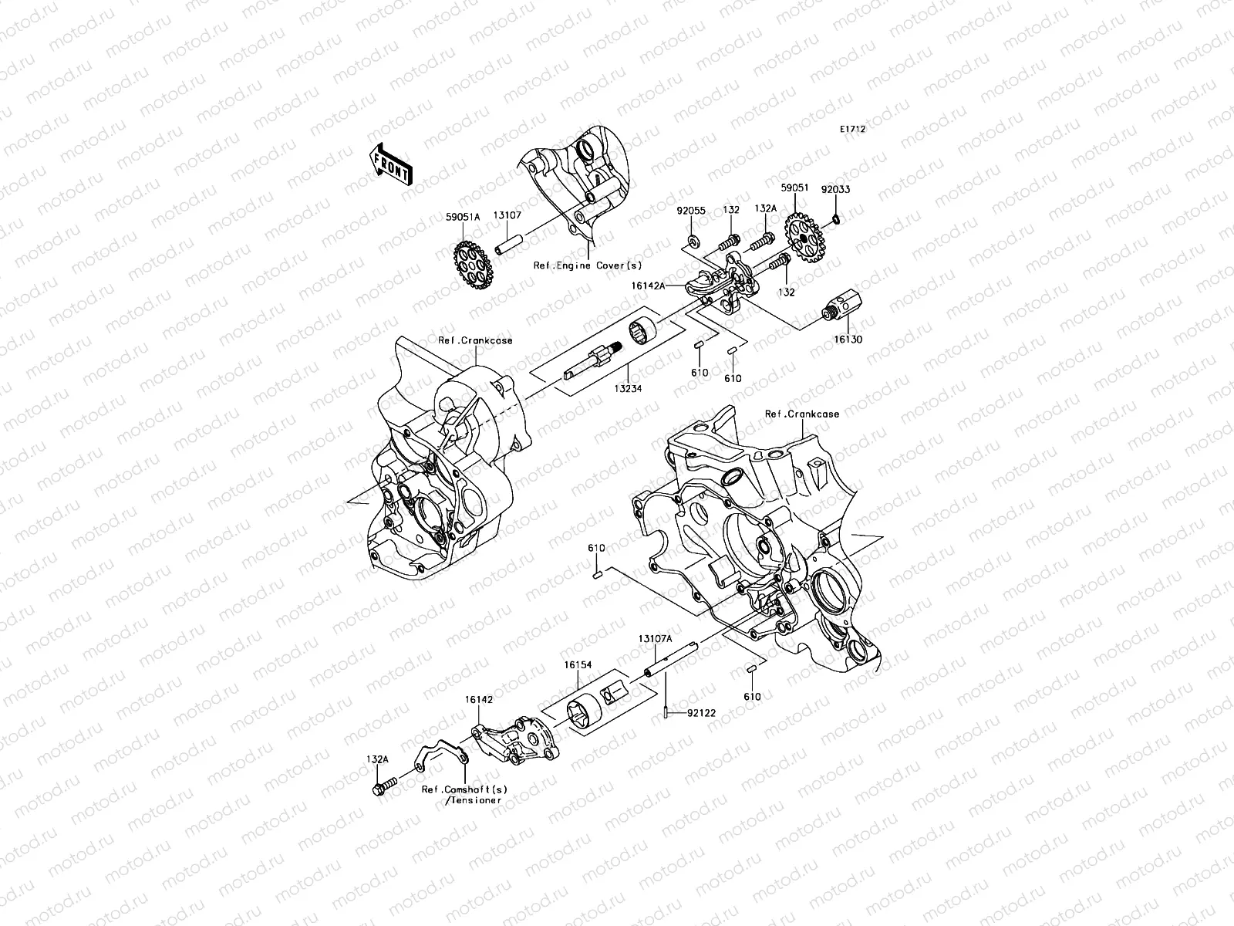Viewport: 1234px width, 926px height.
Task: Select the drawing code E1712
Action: [853, 130]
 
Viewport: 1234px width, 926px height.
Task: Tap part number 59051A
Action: [464, 218]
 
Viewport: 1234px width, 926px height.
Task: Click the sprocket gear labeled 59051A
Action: [471, 266]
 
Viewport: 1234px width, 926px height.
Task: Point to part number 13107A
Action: [655, 639]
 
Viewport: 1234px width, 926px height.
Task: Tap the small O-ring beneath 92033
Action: [837, 220]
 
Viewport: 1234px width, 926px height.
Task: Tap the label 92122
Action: [702, 713]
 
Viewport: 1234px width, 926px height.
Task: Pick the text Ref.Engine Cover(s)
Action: [588, 265]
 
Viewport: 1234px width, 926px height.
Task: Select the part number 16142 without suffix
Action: [477, 699]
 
